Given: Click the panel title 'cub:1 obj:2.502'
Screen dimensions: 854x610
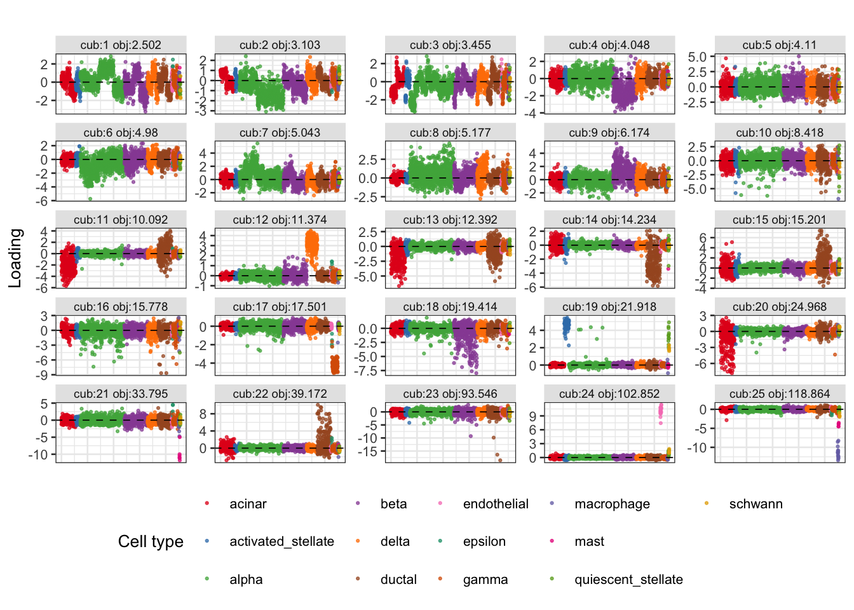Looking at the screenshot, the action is tap(121, 45).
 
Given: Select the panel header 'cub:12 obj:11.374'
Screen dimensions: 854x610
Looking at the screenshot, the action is tap(280, 220).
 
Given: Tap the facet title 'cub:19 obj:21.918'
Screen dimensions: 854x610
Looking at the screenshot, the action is tap(609, 306).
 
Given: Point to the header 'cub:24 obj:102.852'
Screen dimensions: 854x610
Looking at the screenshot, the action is tap(609, 393).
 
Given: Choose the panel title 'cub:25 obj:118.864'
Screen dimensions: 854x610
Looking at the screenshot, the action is tap(780, 393).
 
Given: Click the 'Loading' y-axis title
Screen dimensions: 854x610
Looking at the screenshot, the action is tap(15, 258).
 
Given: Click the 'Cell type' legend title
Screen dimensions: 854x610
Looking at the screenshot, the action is tap(151, 541).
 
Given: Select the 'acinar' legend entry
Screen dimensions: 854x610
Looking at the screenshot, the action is tap(248, 504).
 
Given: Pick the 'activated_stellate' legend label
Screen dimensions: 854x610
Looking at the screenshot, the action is tap(281, 541).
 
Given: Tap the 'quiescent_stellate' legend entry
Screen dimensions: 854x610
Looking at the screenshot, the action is tap(628, 579).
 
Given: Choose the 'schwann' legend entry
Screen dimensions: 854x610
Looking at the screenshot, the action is tap(756, 504).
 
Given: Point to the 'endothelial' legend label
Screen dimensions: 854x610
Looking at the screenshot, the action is tap(496, 504).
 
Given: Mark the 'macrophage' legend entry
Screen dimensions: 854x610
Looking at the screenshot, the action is tap(612, 504).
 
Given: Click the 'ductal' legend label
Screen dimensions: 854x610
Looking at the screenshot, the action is tap(398, 579).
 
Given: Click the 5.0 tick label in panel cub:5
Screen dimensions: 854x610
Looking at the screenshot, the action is tap(697, 57).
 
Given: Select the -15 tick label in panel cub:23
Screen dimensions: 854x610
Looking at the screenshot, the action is tap(368, 452).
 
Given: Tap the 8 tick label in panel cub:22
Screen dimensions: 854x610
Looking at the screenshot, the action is tap(203, 414).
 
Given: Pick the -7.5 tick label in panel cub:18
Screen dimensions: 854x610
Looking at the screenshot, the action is tap(366, 371).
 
